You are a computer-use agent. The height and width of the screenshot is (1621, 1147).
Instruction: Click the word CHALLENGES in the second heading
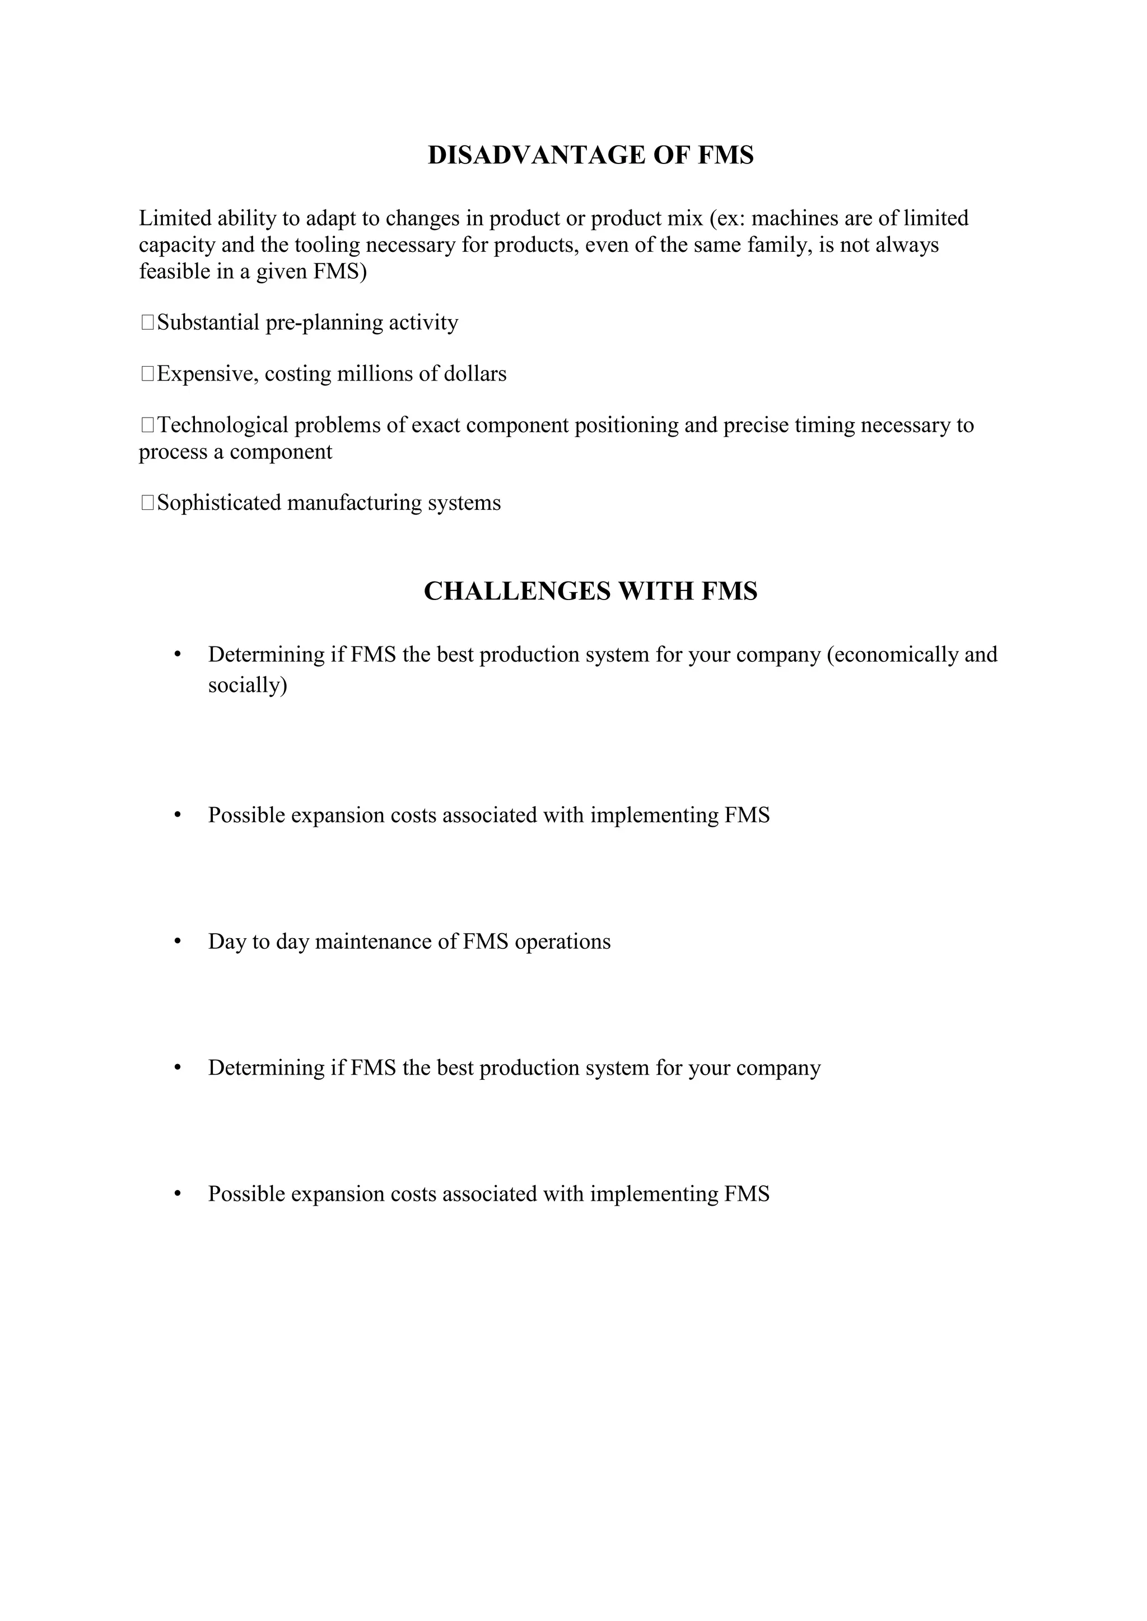click(x=517, y=591)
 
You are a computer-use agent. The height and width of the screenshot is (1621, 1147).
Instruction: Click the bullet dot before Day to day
click(x=178, y=942)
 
